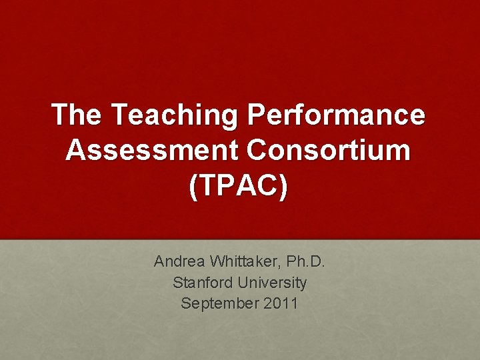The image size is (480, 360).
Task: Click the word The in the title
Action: [77, 115]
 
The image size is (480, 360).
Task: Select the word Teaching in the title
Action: [174, 115]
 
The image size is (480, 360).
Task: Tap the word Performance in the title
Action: [336, 115]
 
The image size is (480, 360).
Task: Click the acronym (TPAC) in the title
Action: [239, 187]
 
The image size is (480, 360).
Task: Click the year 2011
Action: [281, 303]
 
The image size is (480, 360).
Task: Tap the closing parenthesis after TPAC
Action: [285, 187]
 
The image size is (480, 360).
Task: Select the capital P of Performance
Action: [257, 115]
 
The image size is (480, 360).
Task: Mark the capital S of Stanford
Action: [177, 283]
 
